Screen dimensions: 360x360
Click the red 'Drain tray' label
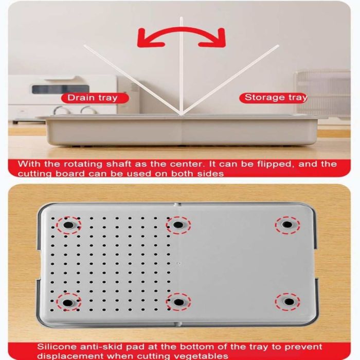coord(95,98)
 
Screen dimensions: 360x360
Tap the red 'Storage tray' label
coord(273,98)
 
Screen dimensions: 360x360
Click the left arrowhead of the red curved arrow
coord(149,39)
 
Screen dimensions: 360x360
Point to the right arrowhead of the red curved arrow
coord(213,39)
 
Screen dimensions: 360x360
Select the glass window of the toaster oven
coord(60,89)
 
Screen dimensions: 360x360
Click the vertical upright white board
coord(182,66)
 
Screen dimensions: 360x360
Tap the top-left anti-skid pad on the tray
coord(68,225)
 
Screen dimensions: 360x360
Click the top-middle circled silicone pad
coord(178,225)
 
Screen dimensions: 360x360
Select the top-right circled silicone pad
coord(287,224)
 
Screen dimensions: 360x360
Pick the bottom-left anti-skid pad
coord(68,302)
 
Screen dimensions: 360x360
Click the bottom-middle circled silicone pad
coord(178,302)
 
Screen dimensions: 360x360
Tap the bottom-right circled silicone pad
coord(289,301)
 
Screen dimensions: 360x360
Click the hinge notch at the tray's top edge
coord(177,204)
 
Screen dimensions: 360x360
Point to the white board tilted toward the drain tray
coord(133,79)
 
